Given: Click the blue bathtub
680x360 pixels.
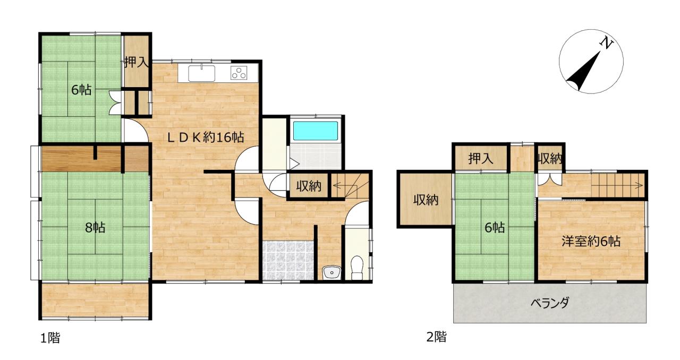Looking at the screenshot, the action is (316, 131).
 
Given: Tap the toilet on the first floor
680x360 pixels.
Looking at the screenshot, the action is (357, 268).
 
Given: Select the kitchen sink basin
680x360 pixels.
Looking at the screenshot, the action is (201, 73).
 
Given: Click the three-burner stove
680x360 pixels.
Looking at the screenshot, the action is (239, 73).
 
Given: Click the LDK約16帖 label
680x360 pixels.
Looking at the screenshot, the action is (206, 138).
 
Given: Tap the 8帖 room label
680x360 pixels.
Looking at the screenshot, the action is (95, 227).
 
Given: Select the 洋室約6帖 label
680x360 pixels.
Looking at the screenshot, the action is (590, 242).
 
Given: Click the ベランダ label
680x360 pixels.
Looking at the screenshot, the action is (550, 303).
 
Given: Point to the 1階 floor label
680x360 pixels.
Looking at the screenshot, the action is (50, 338).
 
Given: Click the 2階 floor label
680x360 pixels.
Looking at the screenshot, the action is (437, 337).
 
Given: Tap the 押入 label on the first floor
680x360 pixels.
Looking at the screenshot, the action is (137, 62).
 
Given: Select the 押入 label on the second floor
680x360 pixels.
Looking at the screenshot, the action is (481, 158).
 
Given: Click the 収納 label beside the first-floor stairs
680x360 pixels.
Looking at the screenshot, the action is (309, 186).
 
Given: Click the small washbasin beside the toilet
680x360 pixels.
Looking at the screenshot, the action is (331, 272).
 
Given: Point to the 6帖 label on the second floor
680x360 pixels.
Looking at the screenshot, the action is (495, 227).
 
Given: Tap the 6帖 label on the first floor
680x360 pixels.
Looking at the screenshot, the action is (81, 90).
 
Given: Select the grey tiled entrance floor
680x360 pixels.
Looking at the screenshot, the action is (288, 260).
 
